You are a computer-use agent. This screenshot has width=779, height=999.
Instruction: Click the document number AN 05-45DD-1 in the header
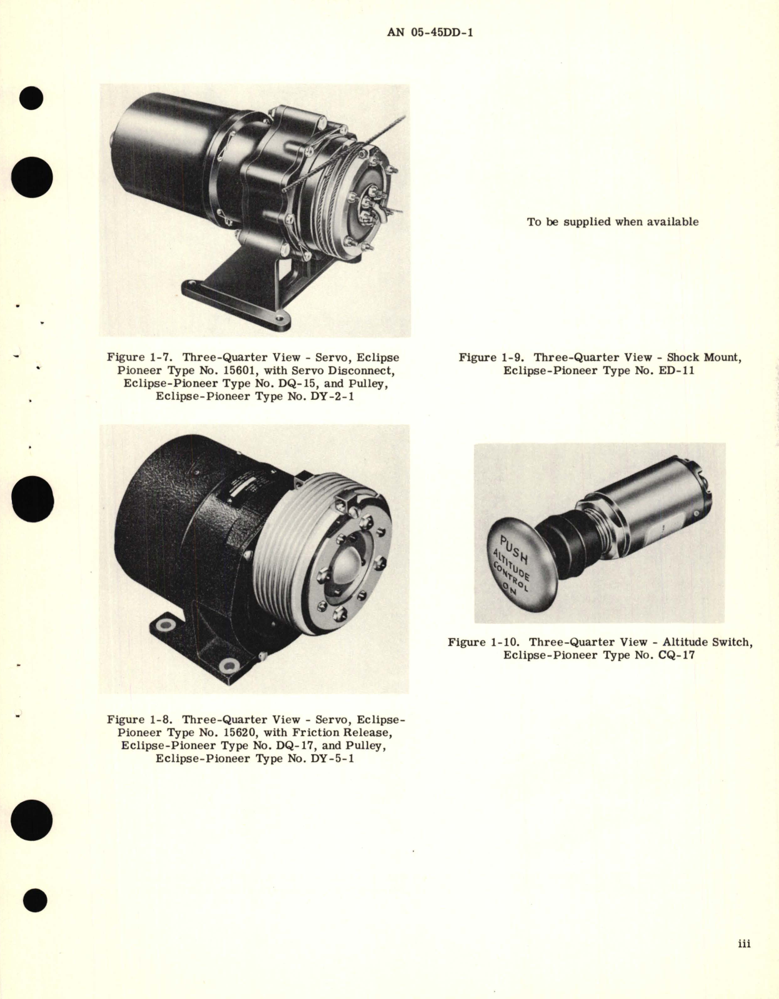[x=430, y=32]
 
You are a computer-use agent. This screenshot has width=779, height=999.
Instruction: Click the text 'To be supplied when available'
[x=612, y=222]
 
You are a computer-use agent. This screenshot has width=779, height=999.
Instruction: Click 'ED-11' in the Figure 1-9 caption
[x=674, y=370]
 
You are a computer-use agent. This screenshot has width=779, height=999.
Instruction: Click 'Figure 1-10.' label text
[x=484, y=642]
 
